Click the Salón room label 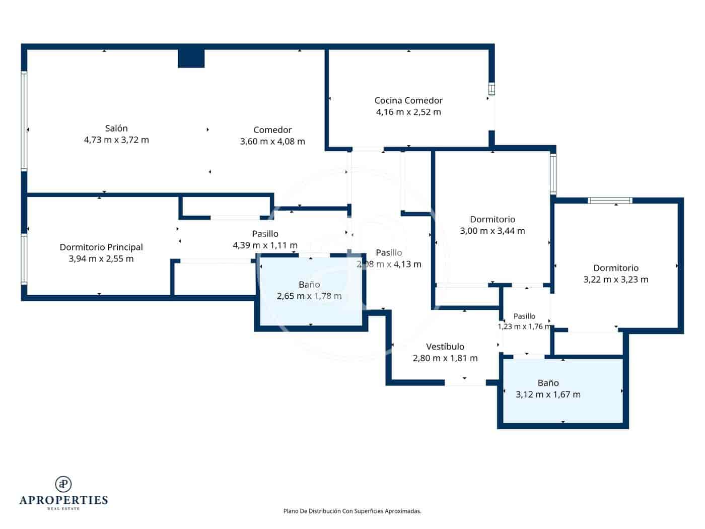116,128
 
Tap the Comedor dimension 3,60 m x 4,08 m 272,142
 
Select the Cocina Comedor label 408,101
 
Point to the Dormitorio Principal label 101,247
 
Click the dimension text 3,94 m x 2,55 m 101,258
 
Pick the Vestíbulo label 445,347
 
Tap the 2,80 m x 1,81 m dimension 445,358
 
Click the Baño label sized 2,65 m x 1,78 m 309,285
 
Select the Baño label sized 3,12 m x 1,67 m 548,383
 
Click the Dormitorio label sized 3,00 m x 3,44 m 492,219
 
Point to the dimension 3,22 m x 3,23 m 616,280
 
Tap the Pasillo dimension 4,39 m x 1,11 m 265,245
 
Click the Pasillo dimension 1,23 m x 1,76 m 525,326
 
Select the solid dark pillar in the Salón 191,58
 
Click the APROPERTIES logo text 63,500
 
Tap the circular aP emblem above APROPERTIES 63,484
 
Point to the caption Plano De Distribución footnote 352,511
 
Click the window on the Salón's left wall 24,121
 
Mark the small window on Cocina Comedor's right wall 491,89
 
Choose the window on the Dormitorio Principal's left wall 24,259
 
